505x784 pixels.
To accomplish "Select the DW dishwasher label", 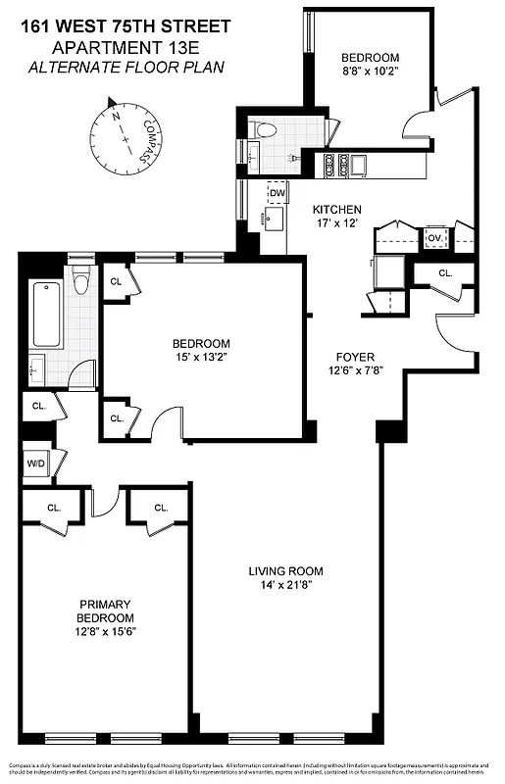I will tap(278, 193).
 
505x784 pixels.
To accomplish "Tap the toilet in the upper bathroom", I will tap(263, 129).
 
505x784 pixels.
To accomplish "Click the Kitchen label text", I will tap(337, 210).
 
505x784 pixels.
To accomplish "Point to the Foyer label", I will tap(354, 357).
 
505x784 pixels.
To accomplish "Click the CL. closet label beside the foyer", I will tap(445, 273).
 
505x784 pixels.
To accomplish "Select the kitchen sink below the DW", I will tap(273, 219).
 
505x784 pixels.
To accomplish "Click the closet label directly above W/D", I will tap(39, 405).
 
